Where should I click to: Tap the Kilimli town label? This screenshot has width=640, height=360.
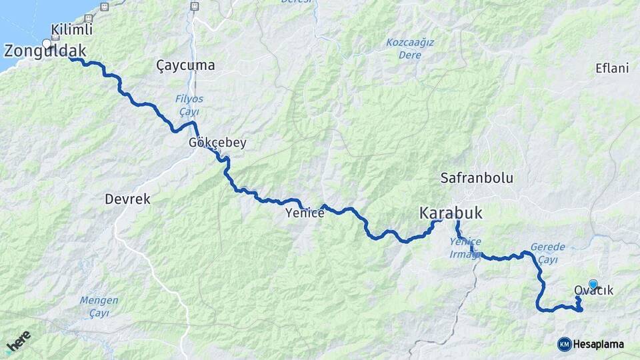[x=71, y=30]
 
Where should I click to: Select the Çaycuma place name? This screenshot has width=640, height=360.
[x=185, y=65]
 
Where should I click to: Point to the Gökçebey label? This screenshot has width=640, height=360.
[x=217, y=143]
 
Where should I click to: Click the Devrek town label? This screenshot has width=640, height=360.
[x=127, y=199]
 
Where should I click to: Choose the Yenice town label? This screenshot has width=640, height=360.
[x=305, y=213]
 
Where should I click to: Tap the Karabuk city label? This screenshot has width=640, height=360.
[x=451, y=213]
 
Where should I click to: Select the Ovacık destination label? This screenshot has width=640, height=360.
[x=593, y=291]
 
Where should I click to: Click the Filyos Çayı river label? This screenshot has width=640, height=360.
[x=189, y=105]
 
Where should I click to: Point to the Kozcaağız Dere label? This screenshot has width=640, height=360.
[x=410, y=49]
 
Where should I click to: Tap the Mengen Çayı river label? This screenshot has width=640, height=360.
[x=99, y=306]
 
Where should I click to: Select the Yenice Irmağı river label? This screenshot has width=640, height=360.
[x=465, y=248]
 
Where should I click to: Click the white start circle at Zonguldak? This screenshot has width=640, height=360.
[x=47, y=44]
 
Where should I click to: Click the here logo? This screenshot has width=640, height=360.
[x=18, y=341]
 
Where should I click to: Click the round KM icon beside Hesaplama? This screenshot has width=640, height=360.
[x=564, y=344]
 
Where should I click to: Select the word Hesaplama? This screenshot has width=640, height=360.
[x=598, y=344]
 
